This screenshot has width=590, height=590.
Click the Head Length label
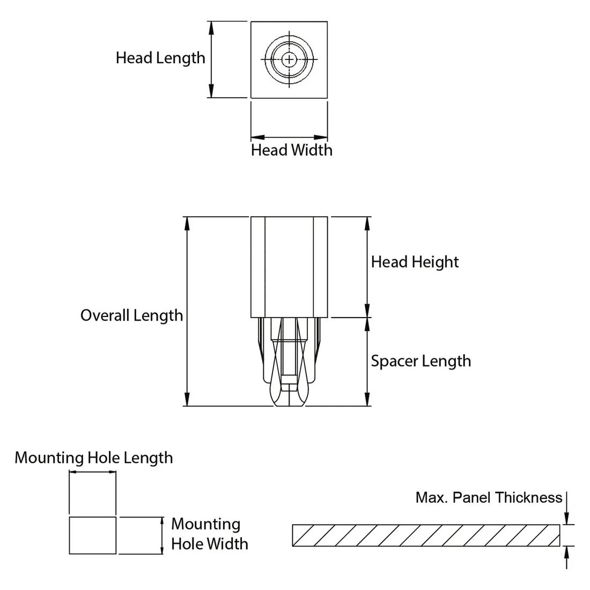pyautogui.click(x=160, y=58)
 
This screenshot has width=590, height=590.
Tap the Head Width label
pyautogui.click(x=291, y=150)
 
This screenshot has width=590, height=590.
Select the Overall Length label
pyautogui.click(x=131, y=315)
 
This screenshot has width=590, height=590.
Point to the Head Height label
pyautogui.click(x=415, y=262)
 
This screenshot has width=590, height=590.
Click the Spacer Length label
pyautogui.click(x=421, y=361)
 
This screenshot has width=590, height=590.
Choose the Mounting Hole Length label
pyautogui.click(x=94, y=458)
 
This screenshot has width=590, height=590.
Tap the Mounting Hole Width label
pyautogui.click(x=209, y=534)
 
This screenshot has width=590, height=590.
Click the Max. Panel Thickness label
pyautogui.click(x=489, y=498)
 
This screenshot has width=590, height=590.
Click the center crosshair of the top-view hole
pyautogui.click(x=289, y=59)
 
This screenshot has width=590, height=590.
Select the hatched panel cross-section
pyautogui.click(x=426, y=535)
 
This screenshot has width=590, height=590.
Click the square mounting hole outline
pyautogui.click(x=93, y=535)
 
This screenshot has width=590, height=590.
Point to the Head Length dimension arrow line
pyautogui.click(x=211, y=60)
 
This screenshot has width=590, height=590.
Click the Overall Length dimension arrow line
pyautogui.click(x=187, y=311)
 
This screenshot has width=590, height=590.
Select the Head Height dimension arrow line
pyautogui.click(x=367, y=267)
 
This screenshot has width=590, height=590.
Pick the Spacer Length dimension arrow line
pyautogui.click(x=367, y=362)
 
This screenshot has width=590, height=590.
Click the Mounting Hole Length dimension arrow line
pyautogui.click(x=93, y=473)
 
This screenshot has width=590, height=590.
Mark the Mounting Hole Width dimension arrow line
pyautogui.click(x=162, y=535)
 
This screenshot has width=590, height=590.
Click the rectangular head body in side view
pyautogui.click(x=289, y=267)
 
